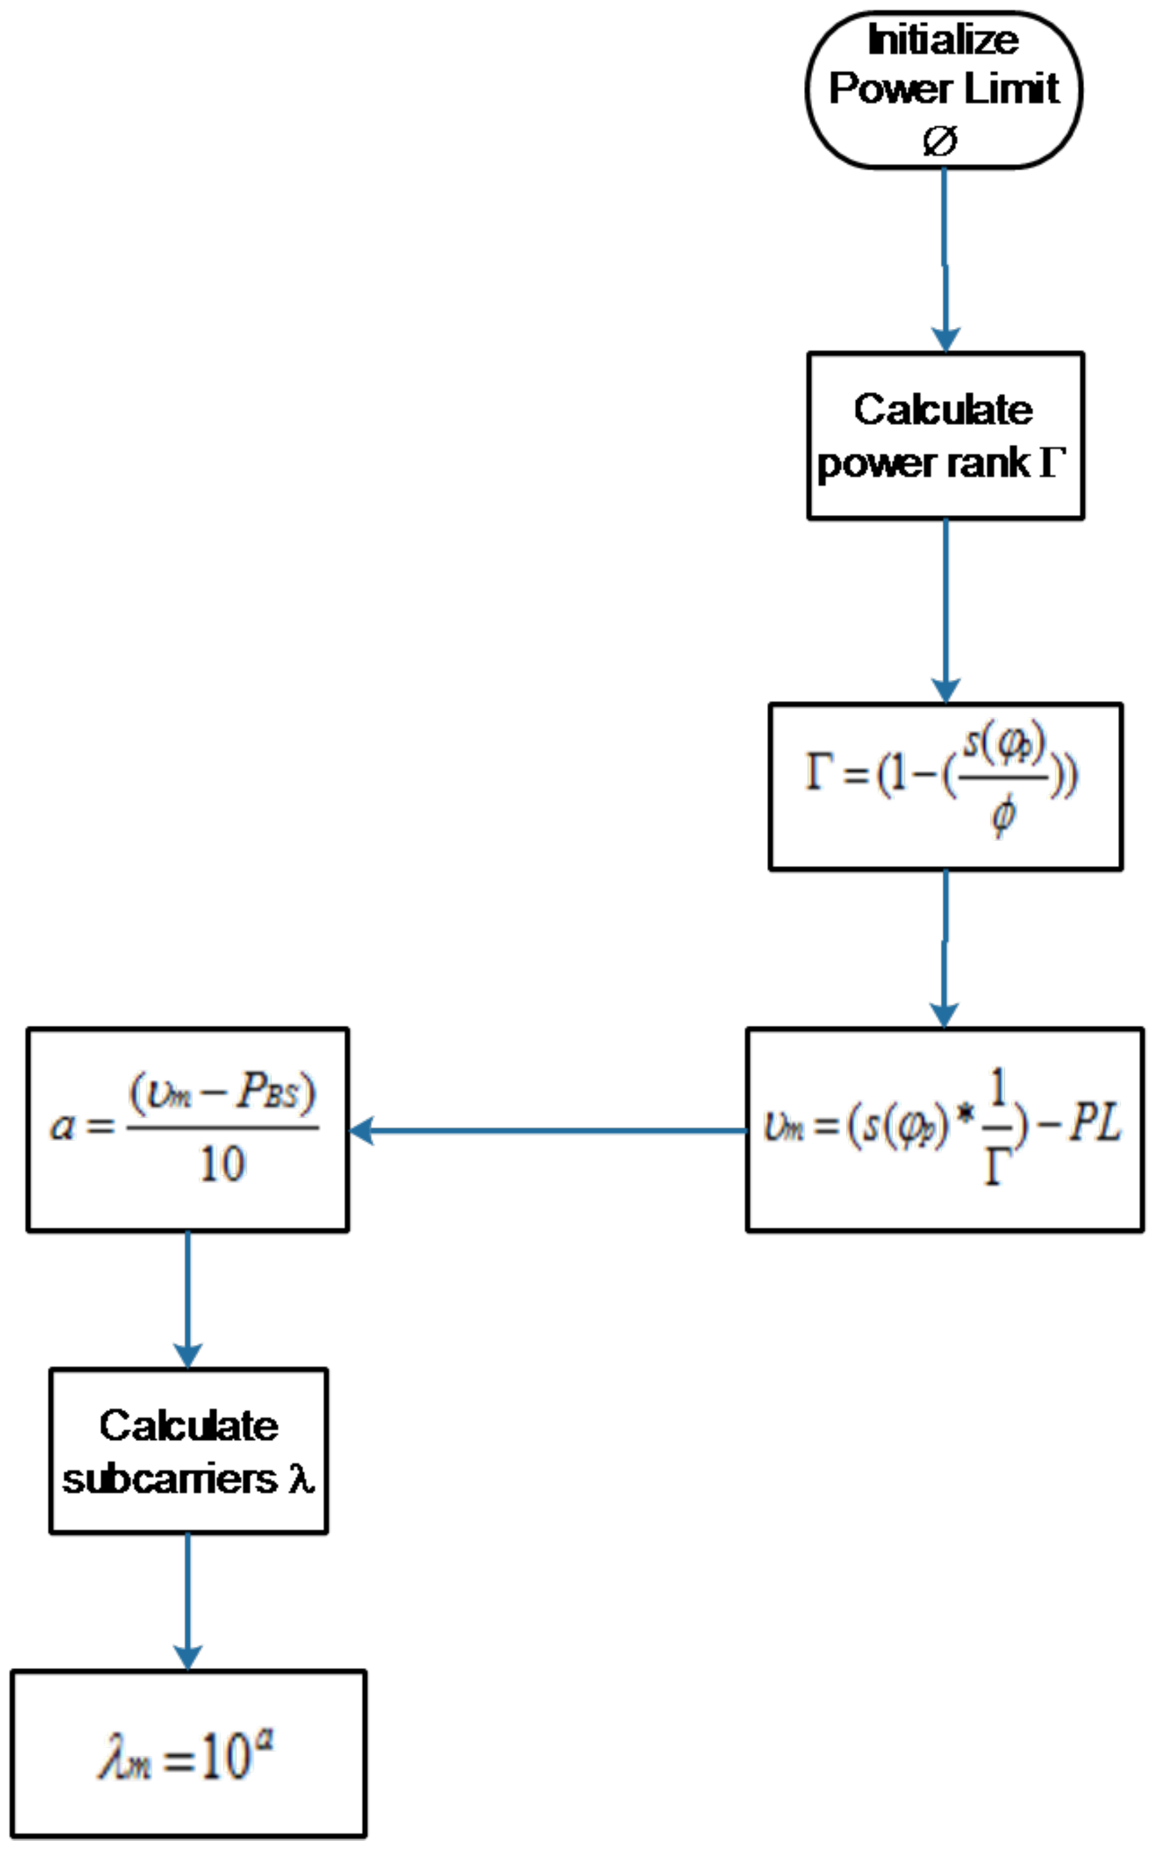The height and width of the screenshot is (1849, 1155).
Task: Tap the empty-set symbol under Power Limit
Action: coord(939,140)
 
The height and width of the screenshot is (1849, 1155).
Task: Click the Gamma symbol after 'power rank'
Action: coord(1051,462)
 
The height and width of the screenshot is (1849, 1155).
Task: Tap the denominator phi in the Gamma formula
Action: coord(1003,815)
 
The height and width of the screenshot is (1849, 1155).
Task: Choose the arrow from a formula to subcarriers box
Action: coord(188,1298)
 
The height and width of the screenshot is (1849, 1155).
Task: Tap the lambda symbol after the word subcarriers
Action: coord(301,1479)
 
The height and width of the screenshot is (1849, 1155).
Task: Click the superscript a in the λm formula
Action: coord(265,1741)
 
